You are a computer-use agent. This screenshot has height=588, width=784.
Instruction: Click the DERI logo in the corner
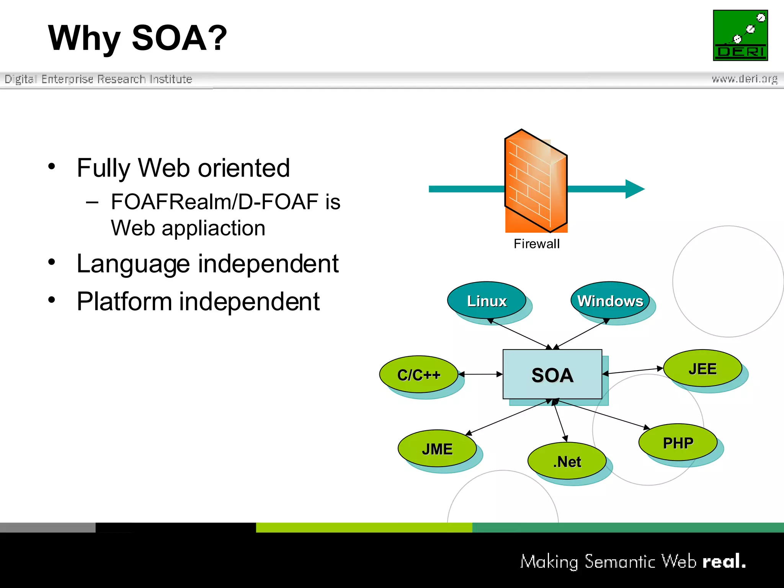740,35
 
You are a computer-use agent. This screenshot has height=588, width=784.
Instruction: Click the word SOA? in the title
179,38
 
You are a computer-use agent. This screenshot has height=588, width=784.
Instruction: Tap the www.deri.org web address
744,79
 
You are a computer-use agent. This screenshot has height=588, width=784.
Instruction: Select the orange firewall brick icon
536,181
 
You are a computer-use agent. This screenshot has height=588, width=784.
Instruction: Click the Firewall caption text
536,244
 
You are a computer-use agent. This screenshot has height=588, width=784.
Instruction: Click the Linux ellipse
487,301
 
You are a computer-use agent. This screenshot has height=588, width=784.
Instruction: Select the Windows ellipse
610,301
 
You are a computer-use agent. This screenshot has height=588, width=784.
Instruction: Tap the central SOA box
552,374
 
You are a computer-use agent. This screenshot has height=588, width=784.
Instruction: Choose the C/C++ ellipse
418,374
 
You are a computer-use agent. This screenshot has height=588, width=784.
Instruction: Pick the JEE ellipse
702,368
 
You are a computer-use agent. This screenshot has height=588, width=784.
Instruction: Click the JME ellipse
437,448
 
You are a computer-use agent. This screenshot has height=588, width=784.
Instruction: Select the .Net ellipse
567,461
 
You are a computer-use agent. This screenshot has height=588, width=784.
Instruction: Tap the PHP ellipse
678,443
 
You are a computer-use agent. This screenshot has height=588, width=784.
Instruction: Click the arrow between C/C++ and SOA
480,374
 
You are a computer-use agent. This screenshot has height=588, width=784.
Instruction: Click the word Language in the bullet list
133,264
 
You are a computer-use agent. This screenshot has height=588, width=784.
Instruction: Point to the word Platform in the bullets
124,302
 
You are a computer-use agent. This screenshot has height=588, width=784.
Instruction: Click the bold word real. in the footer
724,561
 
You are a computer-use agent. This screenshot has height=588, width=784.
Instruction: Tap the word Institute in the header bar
171,79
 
